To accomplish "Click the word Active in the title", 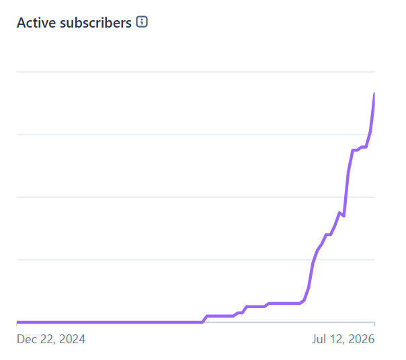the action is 36,23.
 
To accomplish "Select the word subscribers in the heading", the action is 96,23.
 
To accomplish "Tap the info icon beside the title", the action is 142,22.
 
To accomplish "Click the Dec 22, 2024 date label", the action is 51,339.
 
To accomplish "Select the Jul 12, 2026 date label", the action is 343,339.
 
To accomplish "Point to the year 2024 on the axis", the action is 72,339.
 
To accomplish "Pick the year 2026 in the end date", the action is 361,339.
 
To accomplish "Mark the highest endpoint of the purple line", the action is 374,94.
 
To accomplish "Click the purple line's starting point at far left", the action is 17,322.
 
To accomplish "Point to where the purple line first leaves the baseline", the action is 202,322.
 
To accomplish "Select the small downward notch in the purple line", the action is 343,215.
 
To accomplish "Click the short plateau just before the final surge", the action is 364,147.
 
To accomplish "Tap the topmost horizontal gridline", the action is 196,72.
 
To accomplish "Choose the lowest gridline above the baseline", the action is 196,260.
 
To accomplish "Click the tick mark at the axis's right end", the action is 374,324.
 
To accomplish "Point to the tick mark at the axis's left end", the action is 17,324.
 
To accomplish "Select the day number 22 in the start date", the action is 47,339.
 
